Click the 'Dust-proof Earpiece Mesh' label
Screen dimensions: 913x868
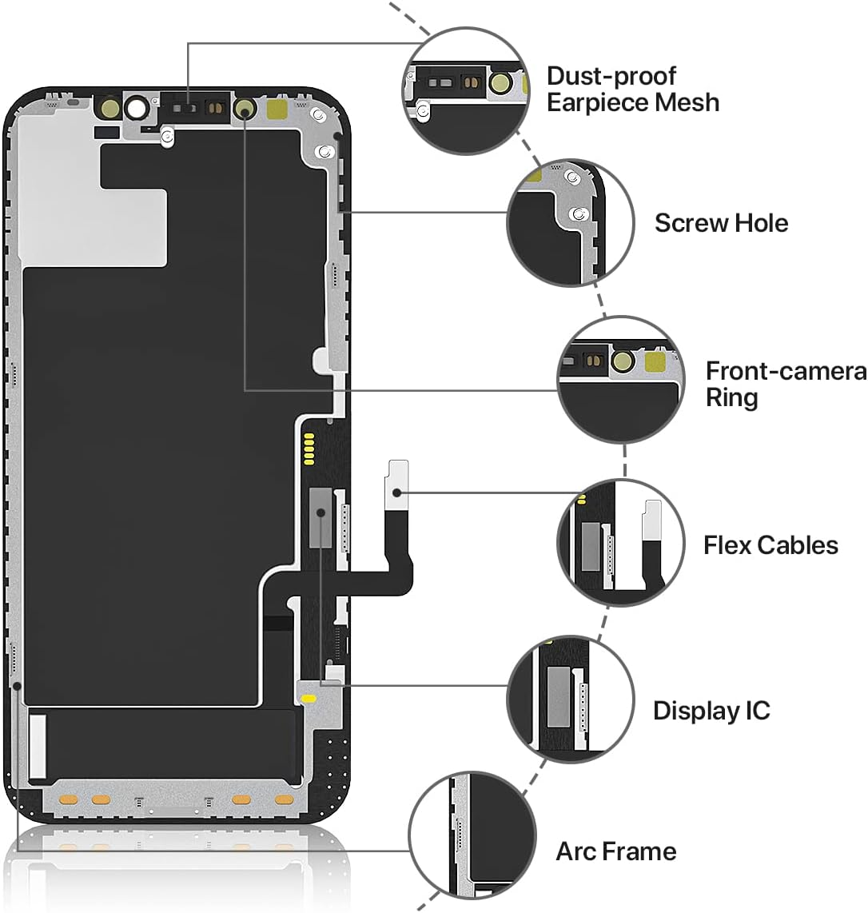coord(632,90)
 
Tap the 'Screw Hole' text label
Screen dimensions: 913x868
coord(721,223)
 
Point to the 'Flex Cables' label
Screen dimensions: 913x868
coord(770,545)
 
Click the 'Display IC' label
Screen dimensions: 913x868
coord(711,711)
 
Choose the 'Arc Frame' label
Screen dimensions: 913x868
coord(615,851)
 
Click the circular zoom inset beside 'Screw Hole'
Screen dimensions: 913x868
coord(571,222)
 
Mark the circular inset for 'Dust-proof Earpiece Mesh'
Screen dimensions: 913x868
coord(468,90)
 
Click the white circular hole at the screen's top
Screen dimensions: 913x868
coord(137,108)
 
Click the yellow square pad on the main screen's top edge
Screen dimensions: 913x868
coord(278,109)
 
